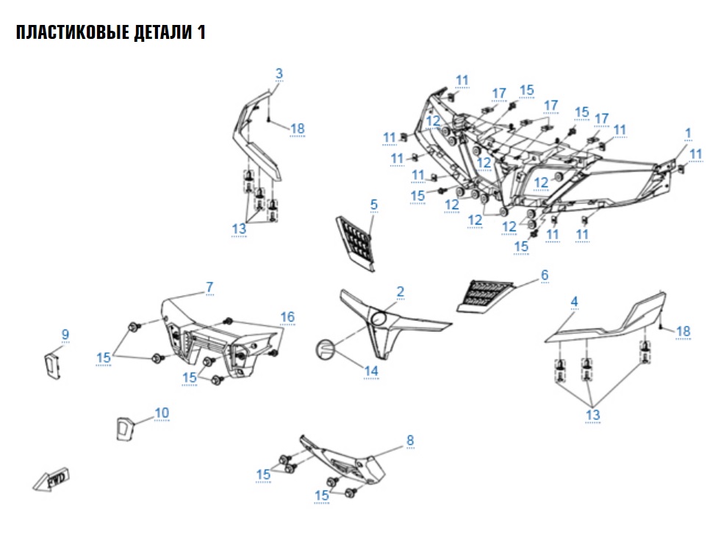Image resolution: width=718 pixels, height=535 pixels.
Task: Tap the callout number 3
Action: [x=279, y=73]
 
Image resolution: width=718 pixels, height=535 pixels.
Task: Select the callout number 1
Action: [x=689, y=133]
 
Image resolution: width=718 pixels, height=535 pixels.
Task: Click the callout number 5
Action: [x=374, y=203]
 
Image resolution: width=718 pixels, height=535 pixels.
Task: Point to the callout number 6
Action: [x=545, y=274]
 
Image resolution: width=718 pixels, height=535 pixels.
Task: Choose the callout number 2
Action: [x=401, y=291]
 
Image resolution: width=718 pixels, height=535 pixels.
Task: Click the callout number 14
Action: [x=371, y=371]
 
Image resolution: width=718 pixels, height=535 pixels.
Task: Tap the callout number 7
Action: [x=209, y=285]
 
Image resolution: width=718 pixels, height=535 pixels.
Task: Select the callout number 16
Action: [x=287, y=316]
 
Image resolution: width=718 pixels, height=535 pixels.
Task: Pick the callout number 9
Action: [x=65, y=335]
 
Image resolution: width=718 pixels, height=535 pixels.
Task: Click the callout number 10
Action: [x=162, y=413]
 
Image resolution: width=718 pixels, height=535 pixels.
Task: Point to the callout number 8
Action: [x=410, y=440]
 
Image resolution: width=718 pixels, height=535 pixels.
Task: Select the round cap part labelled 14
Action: [x=326, y=349]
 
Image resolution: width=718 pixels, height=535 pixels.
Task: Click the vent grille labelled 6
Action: [x=487, y=295]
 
